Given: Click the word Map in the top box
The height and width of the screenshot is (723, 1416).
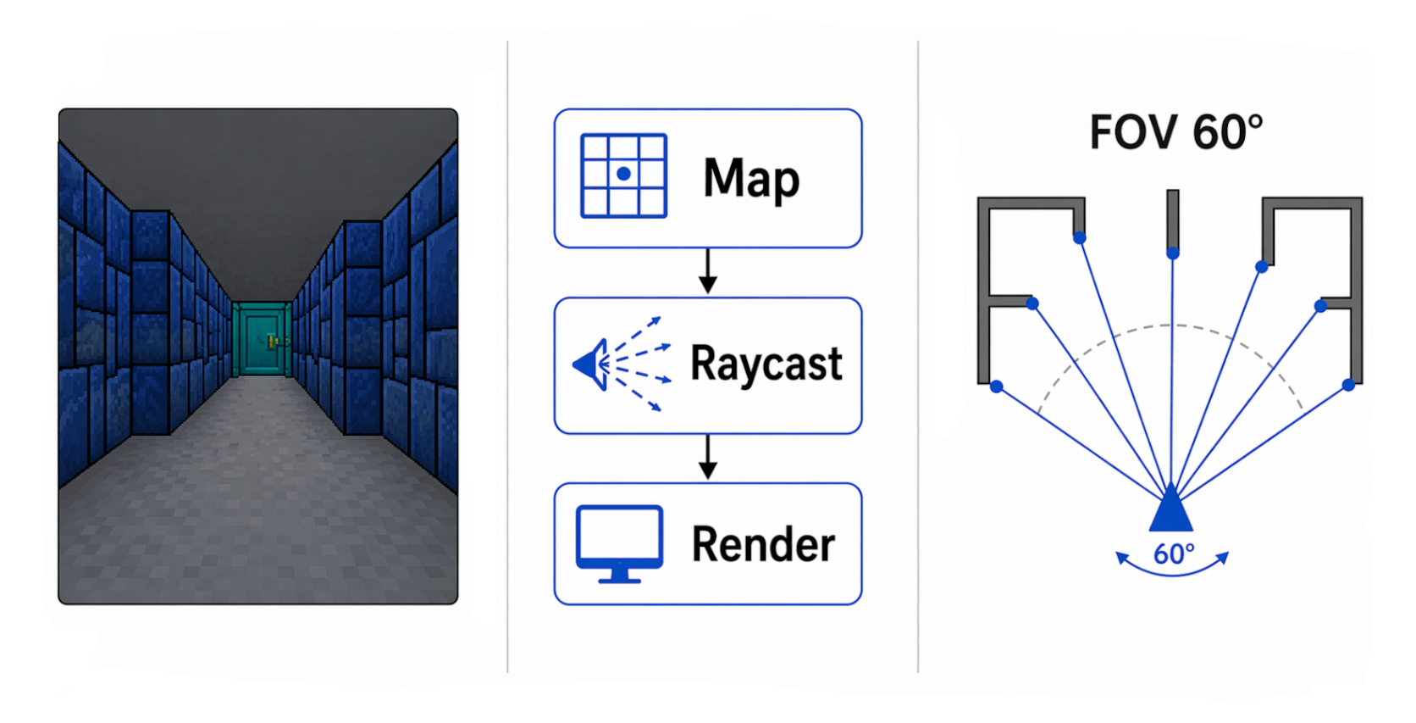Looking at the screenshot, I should [750, 179].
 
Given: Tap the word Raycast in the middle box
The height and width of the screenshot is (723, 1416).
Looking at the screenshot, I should [766, 364].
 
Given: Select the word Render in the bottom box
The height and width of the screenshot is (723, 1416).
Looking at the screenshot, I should [763, 544].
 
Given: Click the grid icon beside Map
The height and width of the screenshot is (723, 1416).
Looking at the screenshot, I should [623, 175].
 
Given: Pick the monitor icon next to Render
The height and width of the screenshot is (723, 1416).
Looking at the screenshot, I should [619, 543].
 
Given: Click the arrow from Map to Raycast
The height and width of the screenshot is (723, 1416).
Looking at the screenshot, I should [708, 271].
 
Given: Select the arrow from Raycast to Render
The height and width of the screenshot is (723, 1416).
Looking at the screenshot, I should [708, 458].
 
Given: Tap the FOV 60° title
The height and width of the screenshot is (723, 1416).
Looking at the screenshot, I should [1175, 133].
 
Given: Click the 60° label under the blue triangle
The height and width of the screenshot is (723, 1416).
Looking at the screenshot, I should [1174, 554].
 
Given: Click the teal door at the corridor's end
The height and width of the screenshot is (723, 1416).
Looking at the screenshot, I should [261, 340].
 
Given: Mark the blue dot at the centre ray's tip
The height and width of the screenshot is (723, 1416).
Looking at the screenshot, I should [1173, 253].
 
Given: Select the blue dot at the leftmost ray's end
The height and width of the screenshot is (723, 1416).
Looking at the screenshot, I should [997, 387].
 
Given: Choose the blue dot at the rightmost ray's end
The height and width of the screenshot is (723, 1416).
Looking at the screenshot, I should [1348, 385].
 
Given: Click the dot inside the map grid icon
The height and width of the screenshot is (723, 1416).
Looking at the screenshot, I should [624, 174].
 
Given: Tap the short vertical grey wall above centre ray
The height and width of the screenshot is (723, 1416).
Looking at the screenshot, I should [1173, 216].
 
